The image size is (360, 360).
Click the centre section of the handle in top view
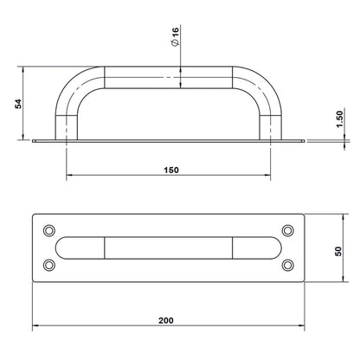click(x=169, y=247)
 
